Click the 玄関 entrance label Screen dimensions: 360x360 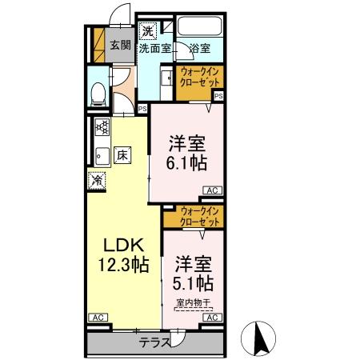120,45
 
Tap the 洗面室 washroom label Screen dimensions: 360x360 154,49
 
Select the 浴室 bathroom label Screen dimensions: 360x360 199,49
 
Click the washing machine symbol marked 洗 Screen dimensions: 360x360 147,32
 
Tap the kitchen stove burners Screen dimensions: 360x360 102,126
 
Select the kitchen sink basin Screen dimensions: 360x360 101,154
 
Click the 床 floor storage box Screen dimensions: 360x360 122,154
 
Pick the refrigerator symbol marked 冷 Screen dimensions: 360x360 97,182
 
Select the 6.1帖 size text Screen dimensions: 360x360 187,163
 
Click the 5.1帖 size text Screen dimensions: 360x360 192,283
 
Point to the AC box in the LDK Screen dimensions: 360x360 97,318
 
